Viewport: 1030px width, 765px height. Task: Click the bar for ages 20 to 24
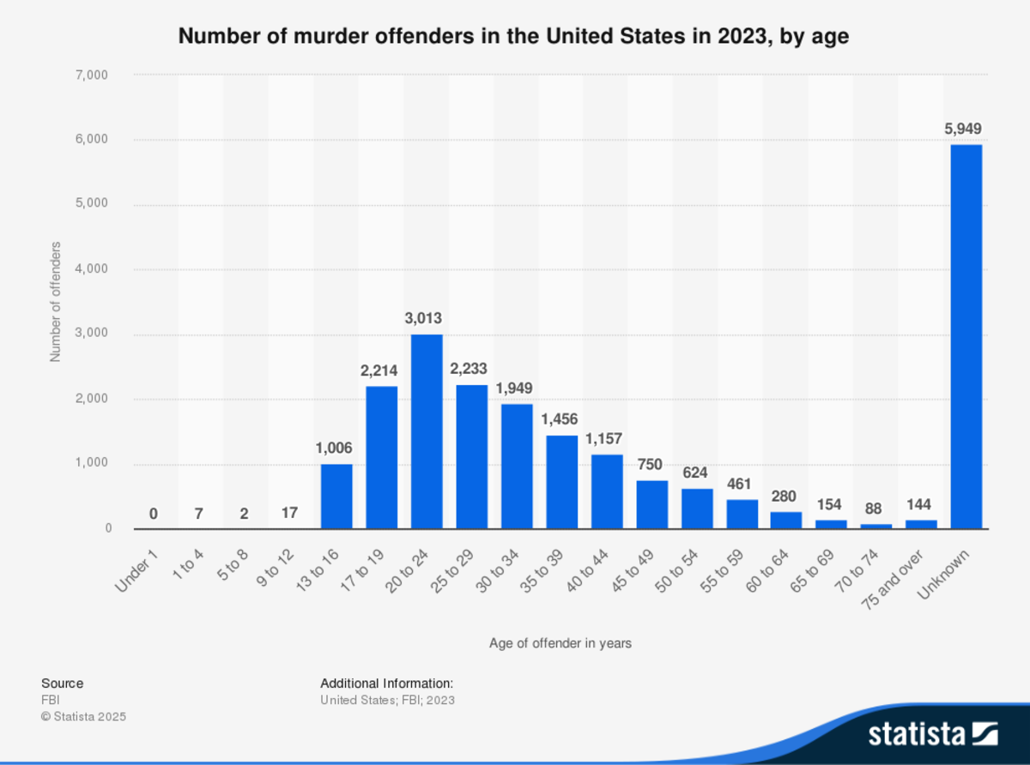click(x=427, y=431)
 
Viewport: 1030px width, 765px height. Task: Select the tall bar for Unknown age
click(x=966, y=336)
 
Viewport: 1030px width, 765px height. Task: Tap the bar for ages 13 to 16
click(x=336, y=497)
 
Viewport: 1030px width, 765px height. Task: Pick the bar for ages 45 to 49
click(x=651, y=504)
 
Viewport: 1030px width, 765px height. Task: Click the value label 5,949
click(x=963, y=130)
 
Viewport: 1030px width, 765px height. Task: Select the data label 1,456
click(x=560, y=419)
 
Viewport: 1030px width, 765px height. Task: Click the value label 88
click(x=873, y=509)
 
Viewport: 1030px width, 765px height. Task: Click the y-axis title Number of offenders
click(x=56, y=302)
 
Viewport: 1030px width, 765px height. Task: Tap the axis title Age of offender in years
click(x=560, y=642)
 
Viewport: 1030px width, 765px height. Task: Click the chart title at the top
click(x=513, y=37)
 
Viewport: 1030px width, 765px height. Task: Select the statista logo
click(x=932, y=733)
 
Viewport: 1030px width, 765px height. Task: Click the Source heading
click(x=63, y=684)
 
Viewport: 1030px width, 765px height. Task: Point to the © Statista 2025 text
click(x=83, y=716)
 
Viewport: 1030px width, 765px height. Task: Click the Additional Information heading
click(x=386, y=684)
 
